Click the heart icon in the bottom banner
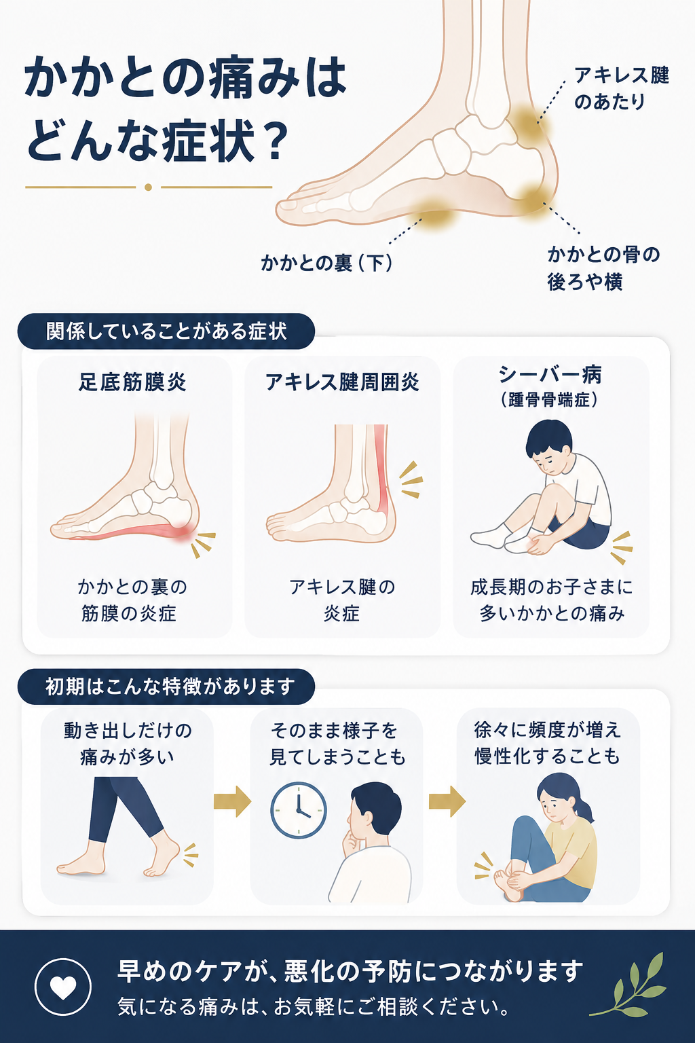click(x=63, y=987)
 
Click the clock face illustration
click(x=299, y=810)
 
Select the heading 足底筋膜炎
click(x=132, y=382)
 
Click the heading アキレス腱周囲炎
click(x=342, y=382)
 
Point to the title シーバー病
click(x=550, y=375)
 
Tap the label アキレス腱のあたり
click(x=622, y=88)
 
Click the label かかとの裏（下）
click(x=326, y=263)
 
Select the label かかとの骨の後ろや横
click(x=604, y=268)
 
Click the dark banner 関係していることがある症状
click(x=166, y=331)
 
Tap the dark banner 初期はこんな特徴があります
click(x=166, y=687)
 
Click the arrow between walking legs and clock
click(x=232, y=801)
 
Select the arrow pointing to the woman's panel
click(x=447, y=801)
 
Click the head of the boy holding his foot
click(x=548, y=446)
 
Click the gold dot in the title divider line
click(x=149, y=187)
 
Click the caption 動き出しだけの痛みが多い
click(x=128, y=744)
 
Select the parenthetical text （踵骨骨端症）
click(x=550, y=400)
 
